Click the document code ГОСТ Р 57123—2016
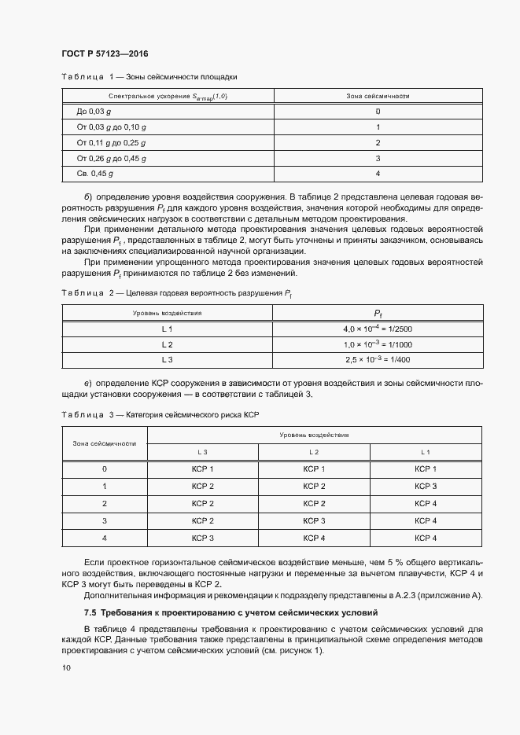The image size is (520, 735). (x=104, y=53)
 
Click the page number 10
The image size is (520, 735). (x=65, y=667)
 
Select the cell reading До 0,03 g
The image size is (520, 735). (x=94, y=112)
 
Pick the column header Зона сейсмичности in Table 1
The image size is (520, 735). (x=378, y=96)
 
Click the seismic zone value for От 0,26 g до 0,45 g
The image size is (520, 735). (x=378, y=158)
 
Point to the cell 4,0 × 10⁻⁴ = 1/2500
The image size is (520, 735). (x=378, y=329)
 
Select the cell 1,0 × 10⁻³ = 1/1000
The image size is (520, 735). (x=378, y=344)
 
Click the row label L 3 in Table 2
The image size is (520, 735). (x=167, y=359)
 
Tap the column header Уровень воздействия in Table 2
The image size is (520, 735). (x=167, y=312)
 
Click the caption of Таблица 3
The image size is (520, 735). (x=160, y=413)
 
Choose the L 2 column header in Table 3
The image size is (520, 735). (x=313, y=452)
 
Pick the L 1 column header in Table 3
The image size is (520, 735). (x=425, y=452)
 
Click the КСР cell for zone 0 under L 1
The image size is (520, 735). (x=425, y=469)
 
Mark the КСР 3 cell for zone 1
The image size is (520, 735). (x=425, y=487)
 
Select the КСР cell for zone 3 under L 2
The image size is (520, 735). (x=313, y=520)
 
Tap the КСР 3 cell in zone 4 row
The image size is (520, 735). (x=202, y=538)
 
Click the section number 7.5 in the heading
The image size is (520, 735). (x=90, y=611)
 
